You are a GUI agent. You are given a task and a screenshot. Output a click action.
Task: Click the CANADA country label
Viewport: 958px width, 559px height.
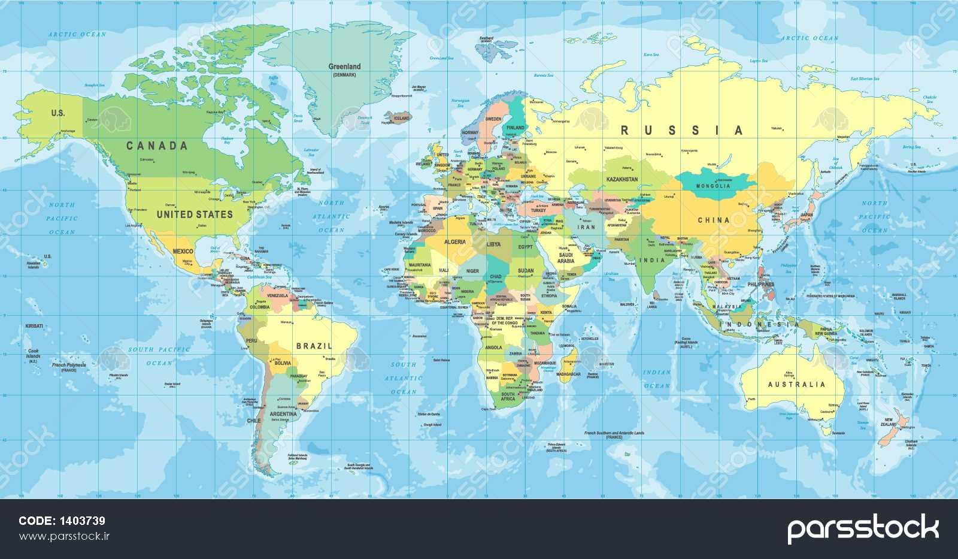pyautogui.click(x=157, y=146)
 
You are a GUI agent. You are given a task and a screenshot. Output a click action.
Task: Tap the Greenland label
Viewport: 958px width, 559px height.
pyautogui.click(x=344, y=67)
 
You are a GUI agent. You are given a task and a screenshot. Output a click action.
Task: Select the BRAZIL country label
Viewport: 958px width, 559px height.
pyautogui.click(x=314, y=346)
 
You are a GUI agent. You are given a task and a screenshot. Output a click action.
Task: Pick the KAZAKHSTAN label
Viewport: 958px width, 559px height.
pyautogui.click(x=622, y=179)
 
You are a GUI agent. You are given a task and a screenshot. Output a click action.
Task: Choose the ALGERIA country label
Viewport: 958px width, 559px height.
pyautogui.click(x=454, y=241)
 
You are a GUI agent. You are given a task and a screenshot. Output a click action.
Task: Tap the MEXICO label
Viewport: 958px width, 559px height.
pyautogui.click(x=182, y=252)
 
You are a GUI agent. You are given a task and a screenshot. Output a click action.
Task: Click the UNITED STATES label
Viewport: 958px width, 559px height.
pyautogui.click(x=195, y=214)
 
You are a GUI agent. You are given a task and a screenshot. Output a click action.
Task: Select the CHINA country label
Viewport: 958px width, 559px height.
pyautogui.click(x=713, y=220)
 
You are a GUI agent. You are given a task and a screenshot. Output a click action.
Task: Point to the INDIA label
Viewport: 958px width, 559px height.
pyautogui.click(x=652, y=260)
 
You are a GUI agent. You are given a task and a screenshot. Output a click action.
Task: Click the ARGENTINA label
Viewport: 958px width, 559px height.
pyautogui.click(x=283, y=414)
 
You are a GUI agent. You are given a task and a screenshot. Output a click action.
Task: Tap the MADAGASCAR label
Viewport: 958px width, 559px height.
pyautogui.click(x=568, y=374)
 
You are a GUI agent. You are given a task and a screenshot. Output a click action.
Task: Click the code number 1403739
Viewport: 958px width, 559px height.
pyautogui.click(x=81, y=521)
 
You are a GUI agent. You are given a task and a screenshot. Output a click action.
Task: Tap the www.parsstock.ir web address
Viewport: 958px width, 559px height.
pyautogui.click(x=65, y=536)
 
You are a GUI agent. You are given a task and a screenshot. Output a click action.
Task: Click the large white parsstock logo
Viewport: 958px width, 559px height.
pyautogui.click(x=862, y=528)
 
